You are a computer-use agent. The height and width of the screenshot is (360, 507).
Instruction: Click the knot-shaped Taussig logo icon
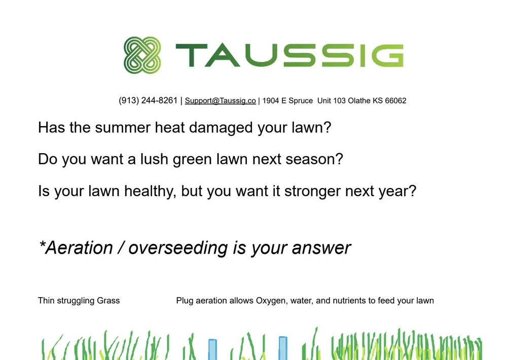(x=142, y=55)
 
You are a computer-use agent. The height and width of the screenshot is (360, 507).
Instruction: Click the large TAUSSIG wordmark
(x=289, y=55)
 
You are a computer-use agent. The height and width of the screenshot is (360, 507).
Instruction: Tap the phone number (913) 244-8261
(x=148, y=100)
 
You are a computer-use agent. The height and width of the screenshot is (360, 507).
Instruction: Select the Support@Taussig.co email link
(x=220, y=101)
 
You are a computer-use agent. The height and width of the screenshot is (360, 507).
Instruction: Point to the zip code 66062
(x=395, y=101)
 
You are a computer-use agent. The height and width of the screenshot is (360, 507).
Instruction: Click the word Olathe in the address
(x=359, y=101)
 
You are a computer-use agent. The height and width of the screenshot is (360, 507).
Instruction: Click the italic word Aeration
(x=79, y=248)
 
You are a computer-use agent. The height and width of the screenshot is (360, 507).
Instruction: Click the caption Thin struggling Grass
(x=79, y=301)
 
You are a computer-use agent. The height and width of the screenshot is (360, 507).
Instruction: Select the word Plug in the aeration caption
(x=185, y=301)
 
